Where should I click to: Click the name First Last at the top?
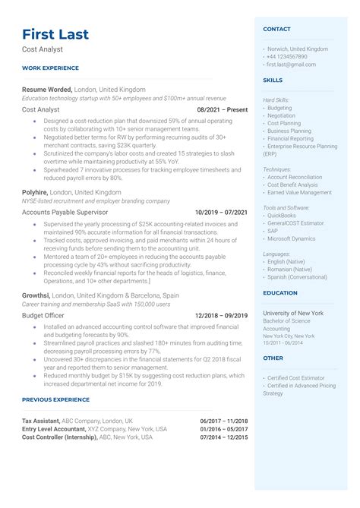(55, 34)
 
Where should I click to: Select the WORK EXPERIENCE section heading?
(50, 68)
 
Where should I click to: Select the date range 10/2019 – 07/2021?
(221, 213)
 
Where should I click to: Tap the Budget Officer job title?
(43, 315)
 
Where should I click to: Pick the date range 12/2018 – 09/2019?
(221, 315)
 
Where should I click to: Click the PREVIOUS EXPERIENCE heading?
(57, 399)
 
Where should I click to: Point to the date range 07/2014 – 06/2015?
(224, 437)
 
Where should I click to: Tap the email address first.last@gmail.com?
(291, 65)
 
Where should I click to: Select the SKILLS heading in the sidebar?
(272, 80)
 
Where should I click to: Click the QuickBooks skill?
(283, 215)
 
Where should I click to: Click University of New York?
(293, 313)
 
